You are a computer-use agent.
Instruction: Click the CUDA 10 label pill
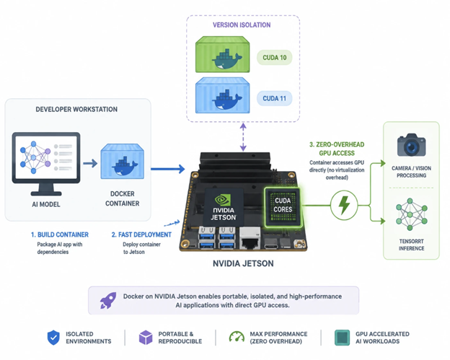[x=274, y=58]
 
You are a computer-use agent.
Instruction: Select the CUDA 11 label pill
[x=274, y=98]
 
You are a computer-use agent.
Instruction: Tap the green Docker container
[x=222, y=54]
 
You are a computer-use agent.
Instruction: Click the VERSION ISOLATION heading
[x=242, y=25]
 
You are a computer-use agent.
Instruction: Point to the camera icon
[x=411, y=145]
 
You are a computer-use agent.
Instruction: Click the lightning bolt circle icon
[x=344, y=206]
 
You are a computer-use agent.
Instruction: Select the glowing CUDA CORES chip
[x=283, y=207]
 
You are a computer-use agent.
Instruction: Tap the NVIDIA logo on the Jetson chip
[x=223, y=200]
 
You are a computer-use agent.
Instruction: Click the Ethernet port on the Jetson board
[x=250, y=238]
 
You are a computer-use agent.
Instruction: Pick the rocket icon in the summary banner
[x=108, y=300]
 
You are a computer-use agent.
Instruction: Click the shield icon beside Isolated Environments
[x=53, y=338]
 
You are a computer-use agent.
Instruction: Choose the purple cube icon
[x=146, y=338]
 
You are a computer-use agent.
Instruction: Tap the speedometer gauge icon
[x=237, y=337]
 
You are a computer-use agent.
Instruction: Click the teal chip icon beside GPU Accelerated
[x=342, y=338]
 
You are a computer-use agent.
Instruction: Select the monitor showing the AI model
[x=46, y=164]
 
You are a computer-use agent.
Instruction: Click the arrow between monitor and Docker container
[x=90, y=164]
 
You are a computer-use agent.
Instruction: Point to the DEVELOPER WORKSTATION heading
[x=76, y=110]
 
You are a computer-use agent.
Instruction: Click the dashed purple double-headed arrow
[x=243, y=137]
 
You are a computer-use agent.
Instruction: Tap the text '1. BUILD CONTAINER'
[x=60, y=235]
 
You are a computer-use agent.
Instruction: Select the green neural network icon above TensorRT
[x=411, y=214]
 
